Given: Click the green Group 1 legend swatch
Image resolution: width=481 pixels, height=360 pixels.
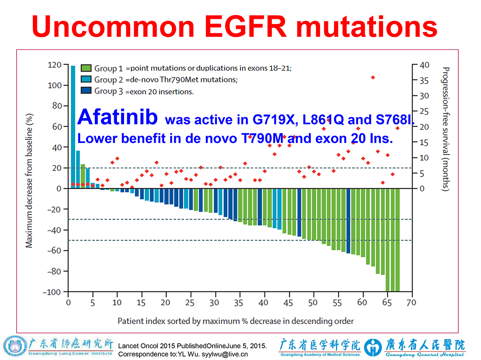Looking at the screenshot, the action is pos(86,68).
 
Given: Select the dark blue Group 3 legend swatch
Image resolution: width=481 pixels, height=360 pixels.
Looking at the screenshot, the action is pos(86,91).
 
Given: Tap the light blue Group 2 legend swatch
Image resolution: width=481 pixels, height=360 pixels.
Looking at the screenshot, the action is pos(86,79).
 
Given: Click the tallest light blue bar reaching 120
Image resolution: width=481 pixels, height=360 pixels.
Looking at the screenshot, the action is pos(73,127).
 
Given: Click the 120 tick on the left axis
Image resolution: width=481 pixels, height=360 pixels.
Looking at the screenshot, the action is pos(55,65).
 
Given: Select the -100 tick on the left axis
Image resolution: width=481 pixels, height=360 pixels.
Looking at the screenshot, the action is pos(52,292).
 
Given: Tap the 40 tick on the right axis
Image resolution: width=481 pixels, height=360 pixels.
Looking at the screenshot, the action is pos(425,65).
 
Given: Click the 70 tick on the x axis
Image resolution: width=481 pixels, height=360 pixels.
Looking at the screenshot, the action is pos(411,303).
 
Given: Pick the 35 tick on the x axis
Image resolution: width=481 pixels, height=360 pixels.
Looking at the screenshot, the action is pos(239,303).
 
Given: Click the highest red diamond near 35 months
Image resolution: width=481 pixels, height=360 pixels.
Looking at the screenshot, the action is pos(373,78).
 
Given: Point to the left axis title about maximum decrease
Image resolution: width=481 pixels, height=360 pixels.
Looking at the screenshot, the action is pos(29,181).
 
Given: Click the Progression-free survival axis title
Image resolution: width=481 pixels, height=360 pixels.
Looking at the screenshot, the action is pos(446,129).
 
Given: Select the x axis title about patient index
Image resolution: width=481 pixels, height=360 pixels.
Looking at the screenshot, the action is pos(236,321).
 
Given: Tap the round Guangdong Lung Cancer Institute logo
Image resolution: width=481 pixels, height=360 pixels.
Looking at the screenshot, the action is pos(15,346).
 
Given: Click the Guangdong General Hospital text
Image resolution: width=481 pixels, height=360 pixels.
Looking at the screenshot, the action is pos(425,354).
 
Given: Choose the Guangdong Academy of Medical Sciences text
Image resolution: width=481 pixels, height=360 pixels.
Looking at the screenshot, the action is pos(320,354).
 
